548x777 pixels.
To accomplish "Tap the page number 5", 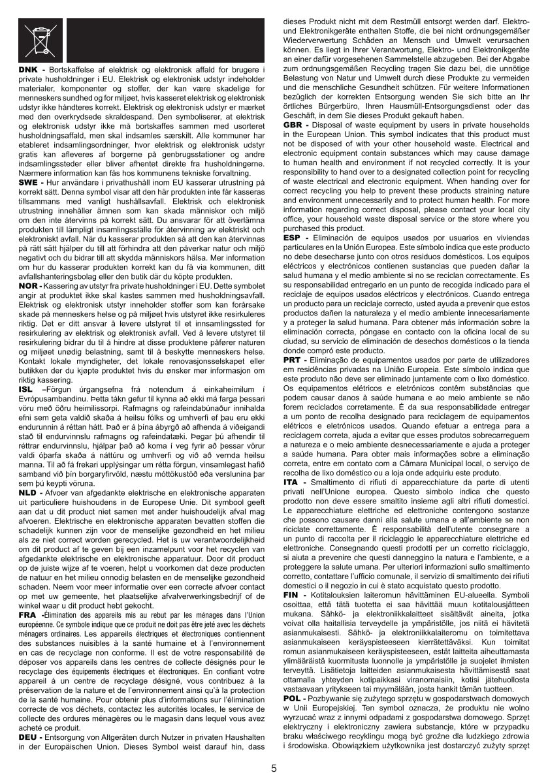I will [x=274, y=767].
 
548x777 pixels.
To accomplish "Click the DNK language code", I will [x=27, y=70].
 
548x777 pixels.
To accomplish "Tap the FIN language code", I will [x=291, y=596].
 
